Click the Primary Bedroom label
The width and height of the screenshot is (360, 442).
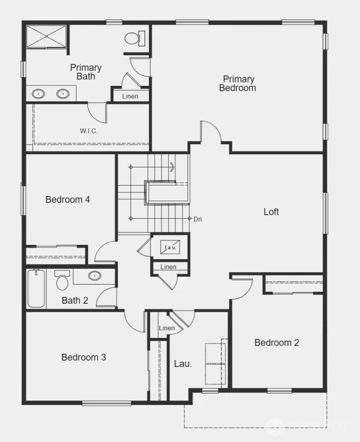point(237,83)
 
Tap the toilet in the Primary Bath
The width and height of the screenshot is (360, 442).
point(135,38)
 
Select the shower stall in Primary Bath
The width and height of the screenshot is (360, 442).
point(46,36)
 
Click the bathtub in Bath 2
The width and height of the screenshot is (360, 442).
point(36,288)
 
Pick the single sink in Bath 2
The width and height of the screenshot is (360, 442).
point(94,275)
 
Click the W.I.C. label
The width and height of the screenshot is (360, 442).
point(88,131)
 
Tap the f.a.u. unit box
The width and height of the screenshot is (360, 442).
point(170,247)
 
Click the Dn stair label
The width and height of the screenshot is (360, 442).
point(197,219)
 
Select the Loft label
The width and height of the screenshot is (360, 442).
point(271,212)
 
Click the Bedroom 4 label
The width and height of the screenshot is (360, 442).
point(67,200)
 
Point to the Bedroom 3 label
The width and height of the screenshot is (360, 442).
point(83,357)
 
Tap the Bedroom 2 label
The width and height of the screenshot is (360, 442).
point(277,343)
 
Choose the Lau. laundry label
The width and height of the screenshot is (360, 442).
point(183,364)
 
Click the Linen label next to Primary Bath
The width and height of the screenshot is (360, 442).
point(130,96)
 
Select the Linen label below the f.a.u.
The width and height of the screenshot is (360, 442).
point(168,267)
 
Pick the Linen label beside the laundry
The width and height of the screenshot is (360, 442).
point(166,328)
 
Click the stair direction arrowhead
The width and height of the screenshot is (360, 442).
point(172,167)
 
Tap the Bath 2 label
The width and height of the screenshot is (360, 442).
point(75,301)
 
